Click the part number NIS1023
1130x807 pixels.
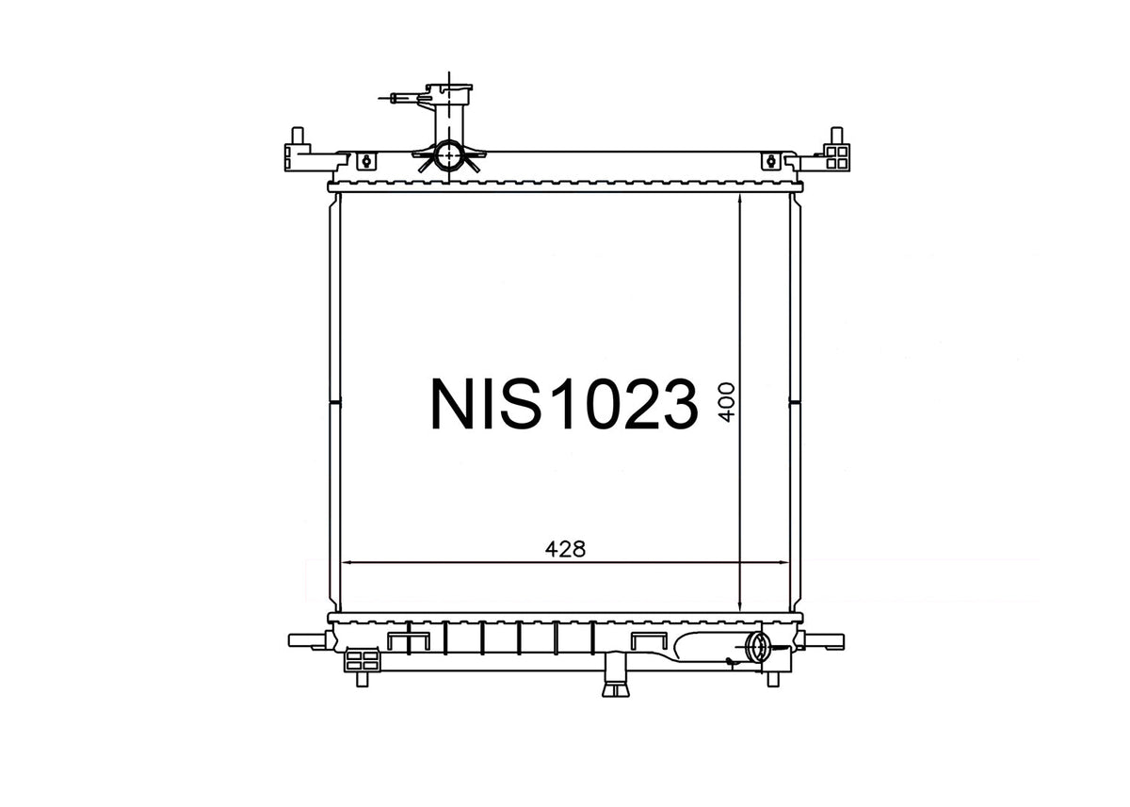564,404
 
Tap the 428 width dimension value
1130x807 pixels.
565,549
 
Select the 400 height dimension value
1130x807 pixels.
727,402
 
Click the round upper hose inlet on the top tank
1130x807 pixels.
448,155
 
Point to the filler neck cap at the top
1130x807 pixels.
449,89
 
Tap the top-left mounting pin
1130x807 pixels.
298,136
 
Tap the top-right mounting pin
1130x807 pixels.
837,136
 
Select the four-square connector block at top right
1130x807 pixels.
837,157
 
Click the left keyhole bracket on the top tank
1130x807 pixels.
366,161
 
